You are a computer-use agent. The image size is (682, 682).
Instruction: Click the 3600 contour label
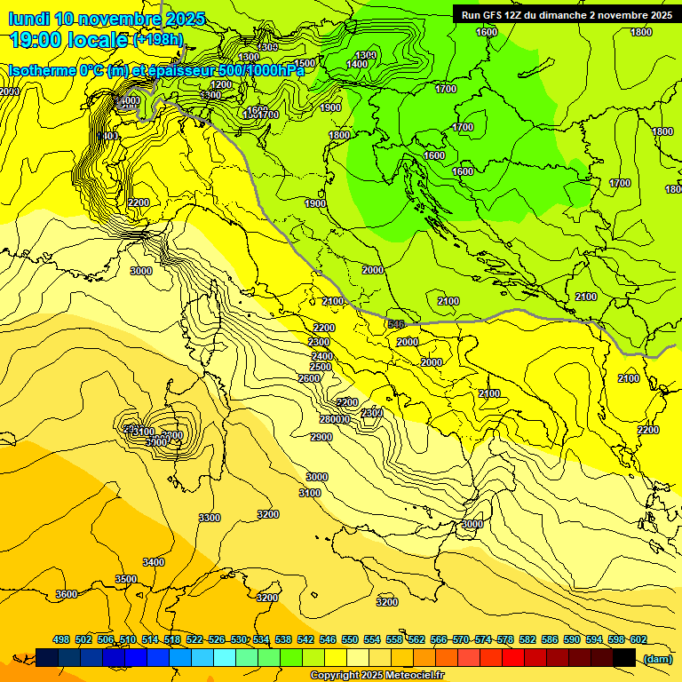66,594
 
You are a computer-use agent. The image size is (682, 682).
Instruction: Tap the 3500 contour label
126,579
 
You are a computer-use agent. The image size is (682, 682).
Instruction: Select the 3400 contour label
154,562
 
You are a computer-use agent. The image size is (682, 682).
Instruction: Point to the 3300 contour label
210,518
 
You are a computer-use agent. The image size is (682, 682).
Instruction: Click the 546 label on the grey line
397,324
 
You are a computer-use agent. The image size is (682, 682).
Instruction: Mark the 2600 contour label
309,379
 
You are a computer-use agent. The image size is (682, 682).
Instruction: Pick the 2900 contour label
321,437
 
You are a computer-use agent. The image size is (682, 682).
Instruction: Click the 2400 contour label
321,356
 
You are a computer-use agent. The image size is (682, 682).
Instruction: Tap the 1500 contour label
305,63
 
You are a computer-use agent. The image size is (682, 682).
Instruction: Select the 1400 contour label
357,64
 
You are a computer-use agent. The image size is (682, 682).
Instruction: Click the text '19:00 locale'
69,39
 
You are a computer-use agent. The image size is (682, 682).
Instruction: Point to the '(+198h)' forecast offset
158,39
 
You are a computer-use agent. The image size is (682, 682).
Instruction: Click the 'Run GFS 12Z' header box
566,14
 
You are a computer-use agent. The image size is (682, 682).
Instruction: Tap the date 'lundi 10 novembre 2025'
106,19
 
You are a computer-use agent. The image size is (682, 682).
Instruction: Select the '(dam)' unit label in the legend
657,658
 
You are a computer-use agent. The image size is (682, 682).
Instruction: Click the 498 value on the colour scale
61,639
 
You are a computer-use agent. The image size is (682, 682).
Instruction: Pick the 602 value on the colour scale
638,639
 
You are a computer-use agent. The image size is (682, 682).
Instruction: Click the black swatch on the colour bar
624,658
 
